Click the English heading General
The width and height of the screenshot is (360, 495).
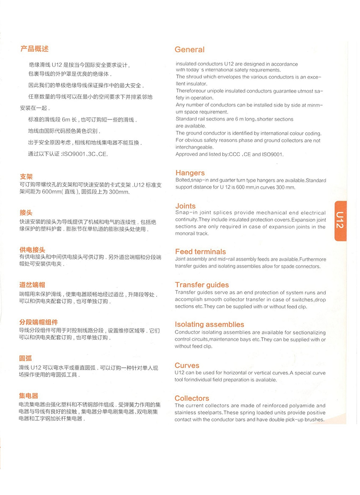point(189,50)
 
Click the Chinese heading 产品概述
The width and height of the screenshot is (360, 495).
point(34,49)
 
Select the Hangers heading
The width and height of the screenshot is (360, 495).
point(190,173)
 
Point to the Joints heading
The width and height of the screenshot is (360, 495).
point(186,206)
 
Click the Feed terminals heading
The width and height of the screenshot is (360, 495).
point(200,251)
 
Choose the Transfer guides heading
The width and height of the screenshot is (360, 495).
point(202,285)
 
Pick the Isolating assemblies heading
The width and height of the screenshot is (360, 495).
point(209,324)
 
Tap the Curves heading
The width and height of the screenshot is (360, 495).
point(187,366)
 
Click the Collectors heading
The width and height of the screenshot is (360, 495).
point(192,398)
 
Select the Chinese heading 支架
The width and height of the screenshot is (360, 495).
point(26,177)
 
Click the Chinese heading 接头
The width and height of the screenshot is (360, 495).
point(26,213)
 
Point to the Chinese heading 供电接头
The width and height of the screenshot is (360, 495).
point(32,250)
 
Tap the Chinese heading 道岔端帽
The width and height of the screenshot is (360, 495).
point(32,285)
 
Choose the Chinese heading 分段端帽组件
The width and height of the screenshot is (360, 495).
point(38,322)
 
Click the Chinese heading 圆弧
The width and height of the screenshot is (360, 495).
point(26,359)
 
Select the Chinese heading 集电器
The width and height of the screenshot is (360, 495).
point(29,395)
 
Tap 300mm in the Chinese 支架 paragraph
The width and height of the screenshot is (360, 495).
point(119,192)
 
